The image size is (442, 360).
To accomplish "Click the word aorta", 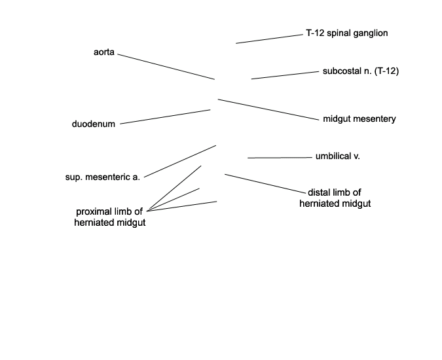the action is pos(103,52).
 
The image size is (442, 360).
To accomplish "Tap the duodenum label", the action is pos(94,124).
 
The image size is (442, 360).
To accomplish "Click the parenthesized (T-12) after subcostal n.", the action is pos(386,71).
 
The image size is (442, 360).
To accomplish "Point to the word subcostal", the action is pos(341,71).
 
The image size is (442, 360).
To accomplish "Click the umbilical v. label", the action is pos(338,156).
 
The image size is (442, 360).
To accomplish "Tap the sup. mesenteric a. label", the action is pos(103,177).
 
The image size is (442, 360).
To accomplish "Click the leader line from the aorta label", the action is pos(166,67).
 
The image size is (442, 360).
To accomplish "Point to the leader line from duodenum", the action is pos(165,117).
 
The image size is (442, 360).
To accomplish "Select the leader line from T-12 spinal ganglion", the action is pos(269,39).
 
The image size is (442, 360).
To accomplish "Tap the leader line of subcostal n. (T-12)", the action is pos(285,75).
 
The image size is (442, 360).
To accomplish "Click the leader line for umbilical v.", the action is pos(280,158).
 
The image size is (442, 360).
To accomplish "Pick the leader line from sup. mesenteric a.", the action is pos(180,162).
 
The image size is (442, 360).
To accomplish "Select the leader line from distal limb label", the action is pos(265,184).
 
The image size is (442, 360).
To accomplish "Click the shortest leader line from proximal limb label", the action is pos(174,200).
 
